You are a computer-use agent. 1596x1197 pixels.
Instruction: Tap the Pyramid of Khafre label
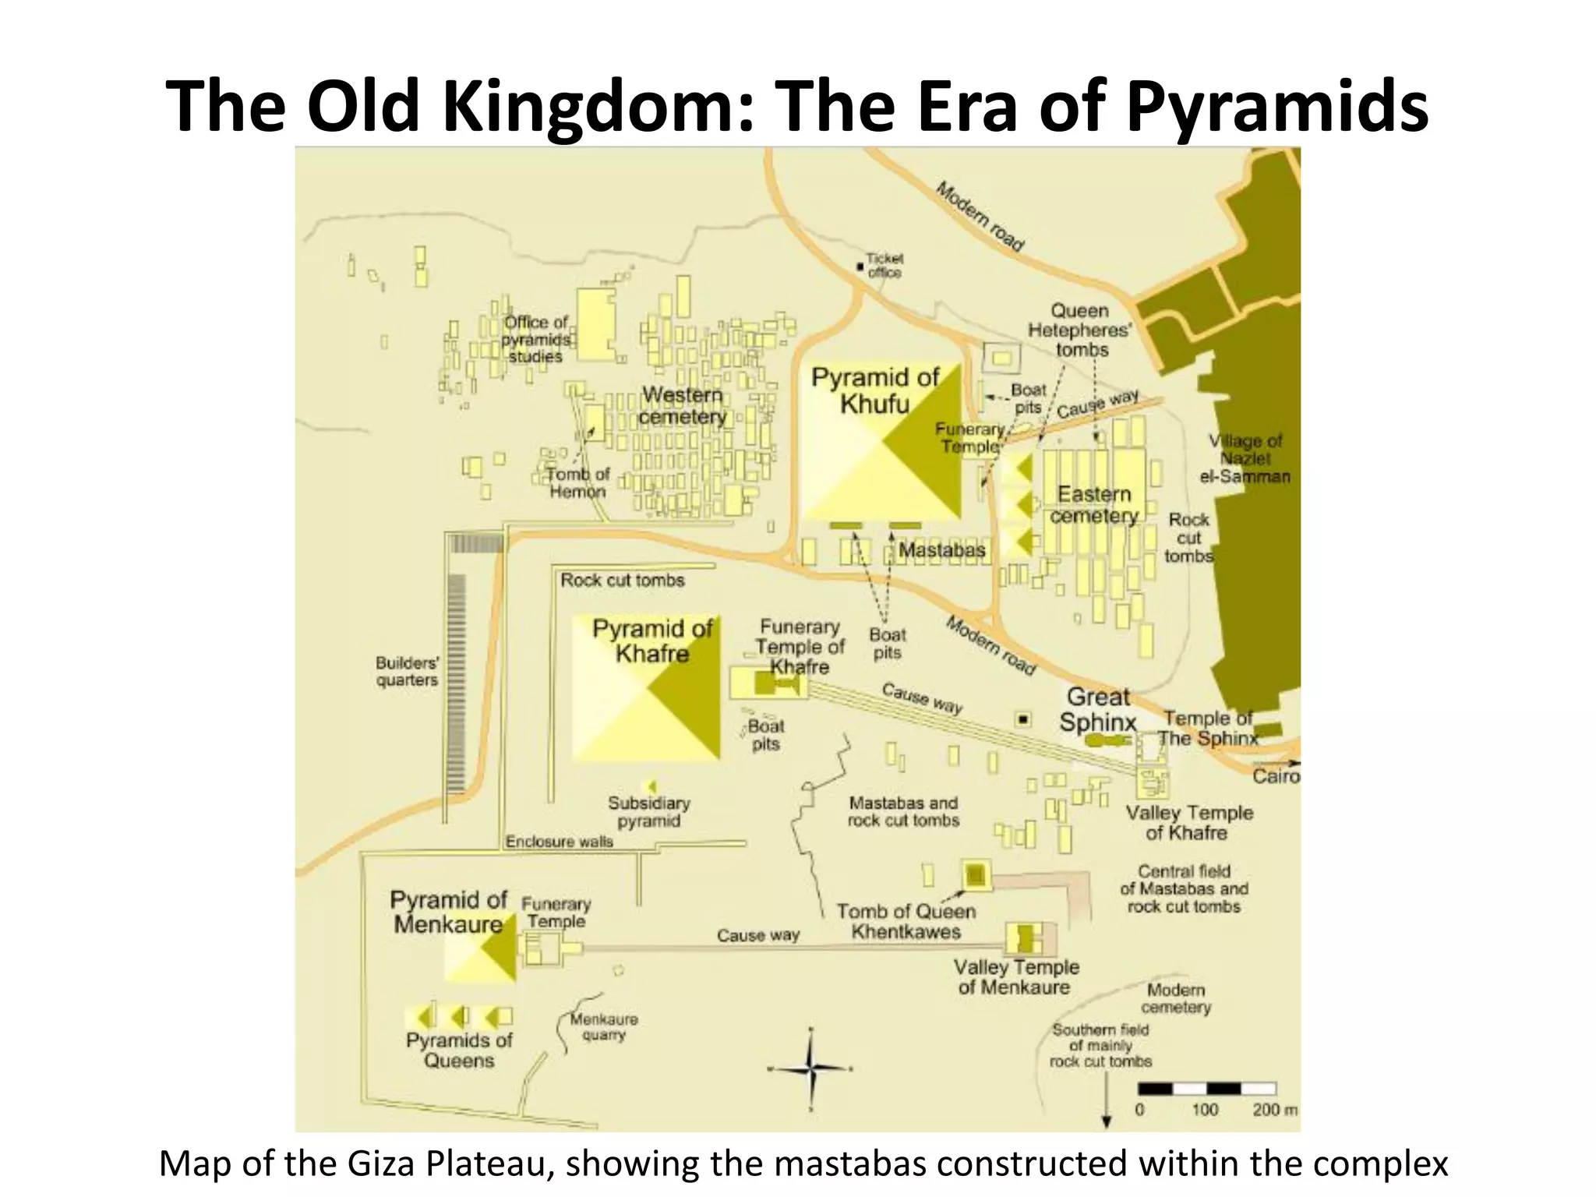point(652,641)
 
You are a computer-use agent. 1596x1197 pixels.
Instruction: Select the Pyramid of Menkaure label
point(448,912)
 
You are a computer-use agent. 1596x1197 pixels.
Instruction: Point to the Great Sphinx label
point(1098,709)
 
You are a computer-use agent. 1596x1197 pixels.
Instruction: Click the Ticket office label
point(885,265)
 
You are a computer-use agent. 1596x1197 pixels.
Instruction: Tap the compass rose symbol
point(810,1068)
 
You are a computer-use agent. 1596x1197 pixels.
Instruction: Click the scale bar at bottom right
point(1206,1089)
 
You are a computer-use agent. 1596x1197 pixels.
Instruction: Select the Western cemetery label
point(682,406)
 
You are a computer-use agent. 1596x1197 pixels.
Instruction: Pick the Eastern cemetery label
point(1094,505)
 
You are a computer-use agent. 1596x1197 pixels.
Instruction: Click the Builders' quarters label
point(407,671)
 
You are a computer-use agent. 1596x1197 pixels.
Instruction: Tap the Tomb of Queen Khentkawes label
point(906,921)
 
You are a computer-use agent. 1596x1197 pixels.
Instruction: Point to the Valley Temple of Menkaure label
point(1015,977)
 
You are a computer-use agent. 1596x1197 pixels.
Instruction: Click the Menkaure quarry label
point(604,1026)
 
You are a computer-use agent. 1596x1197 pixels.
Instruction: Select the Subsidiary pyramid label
point(648,811)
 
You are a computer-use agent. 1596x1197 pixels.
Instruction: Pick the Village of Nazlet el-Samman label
point(1245,458)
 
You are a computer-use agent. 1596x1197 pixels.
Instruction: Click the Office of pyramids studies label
point(535,339)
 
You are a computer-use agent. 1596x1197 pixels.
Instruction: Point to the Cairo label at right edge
point(1275,776)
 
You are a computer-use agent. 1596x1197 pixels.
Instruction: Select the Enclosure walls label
point(559,842)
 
